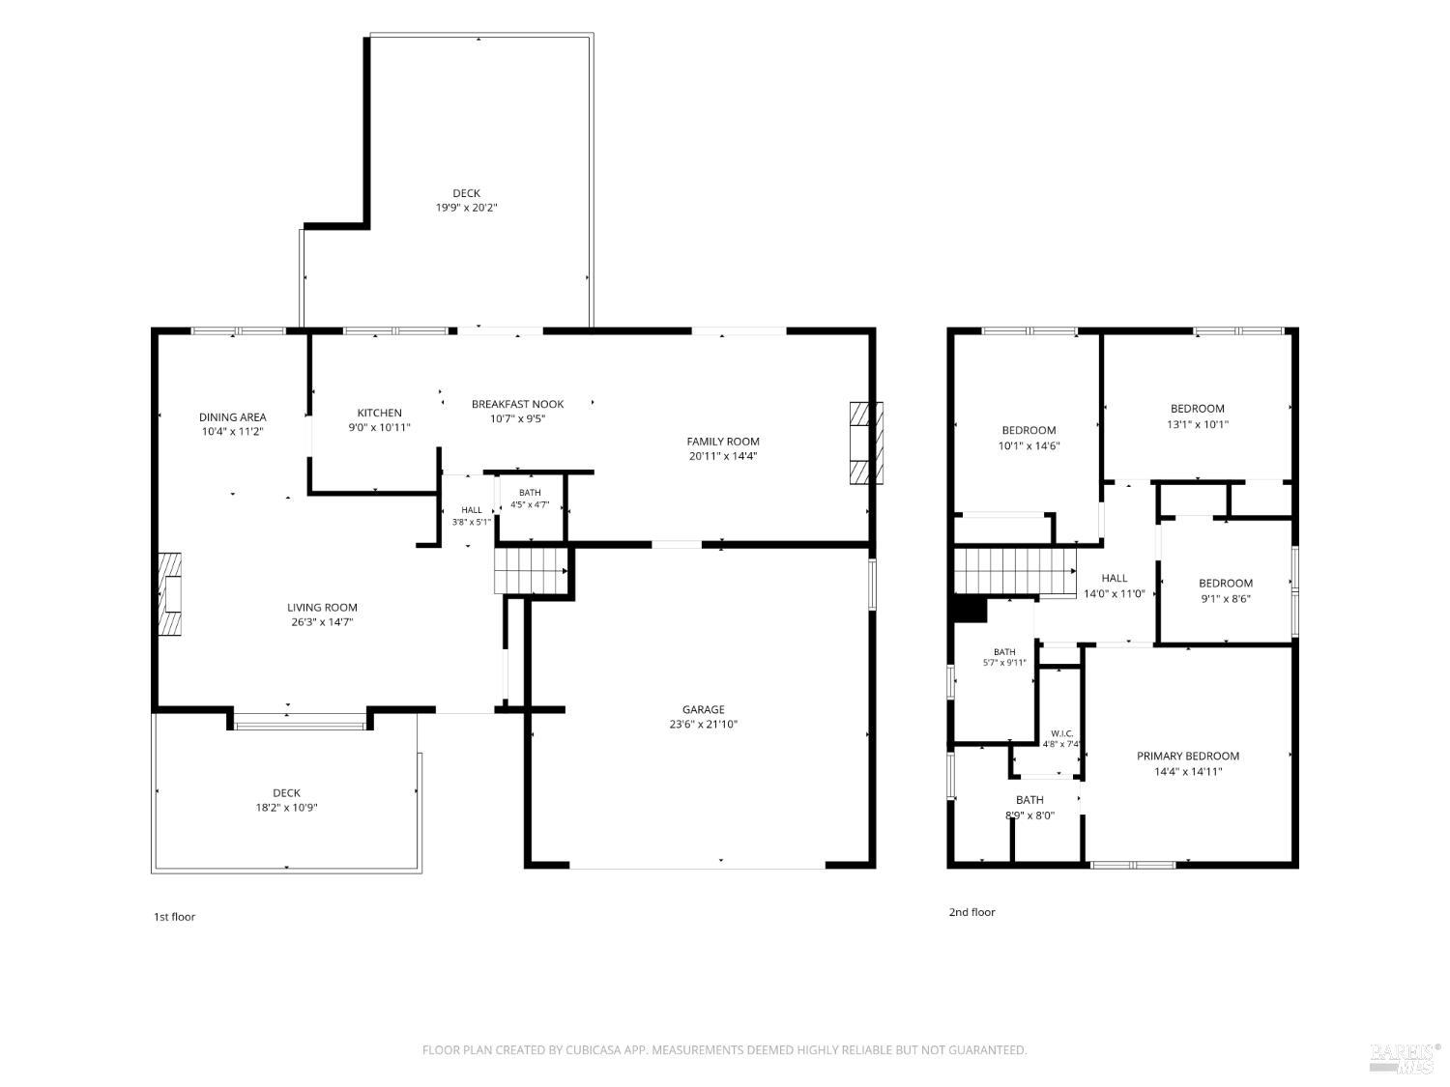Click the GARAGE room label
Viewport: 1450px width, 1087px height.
pyautogui.click(x=703, y=709)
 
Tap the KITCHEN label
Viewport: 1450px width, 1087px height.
pyautogui.click(x=379, y=413)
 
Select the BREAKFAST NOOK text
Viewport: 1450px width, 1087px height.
pyautogui.click(x=517, y=404)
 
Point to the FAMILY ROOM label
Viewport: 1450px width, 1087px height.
pyautogui.click(x=723, y=442)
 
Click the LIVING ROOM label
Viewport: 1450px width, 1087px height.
pyautogui.click(x=322, y=607)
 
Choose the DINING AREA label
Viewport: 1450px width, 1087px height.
pyautogui.click(x=233, y=417)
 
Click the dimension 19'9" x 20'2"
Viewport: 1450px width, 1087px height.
pyautogui.click(x=466, y=208)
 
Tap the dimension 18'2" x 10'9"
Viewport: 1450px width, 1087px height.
pyautogui.click(x=287, y=807)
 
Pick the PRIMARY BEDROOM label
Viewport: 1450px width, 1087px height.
pyautogui.click(x=1188, y=757)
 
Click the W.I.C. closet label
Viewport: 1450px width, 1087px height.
pyautogui.click(x=1061, y=734)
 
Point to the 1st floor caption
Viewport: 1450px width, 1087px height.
pyautogui.click(x=174, y=917)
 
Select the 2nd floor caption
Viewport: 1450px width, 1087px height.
pyautogui.click(x=971, y=912)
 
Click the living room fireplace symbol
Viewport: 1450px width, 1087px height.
pyautogui.click(x=170, y=594)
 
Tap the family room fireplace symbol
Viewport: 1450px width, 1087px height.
pyautogui.click(x=866, y=443)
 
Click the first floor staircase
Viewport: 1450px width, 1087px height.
pyautogui.click(x=532, y=571)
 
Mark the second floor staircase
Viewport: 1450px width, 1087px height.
pyautogui.click(x=1015, y=572)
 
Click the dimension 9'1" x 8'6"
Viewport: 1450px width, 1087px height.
pyautogui.click(x=1226, y=599)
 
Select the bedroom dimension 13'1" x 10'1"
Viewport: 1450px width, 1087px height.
pyautogui.click(x=1197, y=424)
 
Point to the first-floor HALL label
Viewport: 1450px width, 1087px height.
pyautogui.click(x=472, y=509)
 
